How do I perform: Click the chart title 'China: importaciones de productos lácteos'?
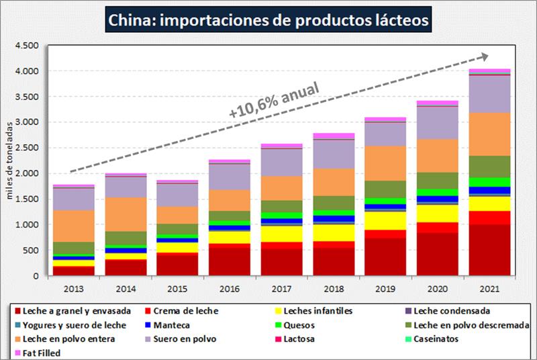pos(268,20)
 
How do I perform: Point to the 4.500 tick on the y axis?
pos(26,46)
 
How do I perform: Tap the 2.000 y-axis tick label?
pos(26,173)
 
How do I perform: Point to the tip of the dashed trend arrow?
pos(489,56)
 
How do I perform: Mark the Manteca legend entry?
pos(171,325)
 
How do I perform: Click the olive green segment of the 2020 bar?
pos(436,181)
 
